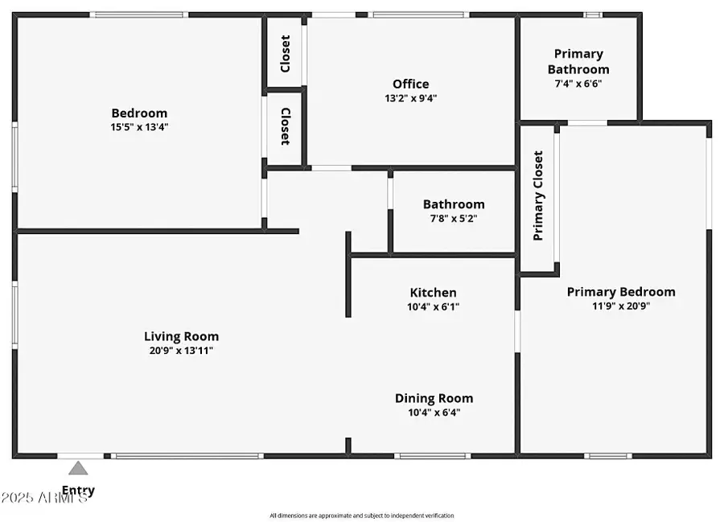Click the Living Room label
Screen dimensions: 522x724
pyautogui.click(x=181, y=336)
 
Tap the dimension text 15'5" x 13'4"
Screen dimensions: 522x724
pyautogui.click(x=139, y=127)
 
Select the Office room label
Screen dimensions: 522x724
pyautogui.click(x=410, y=84)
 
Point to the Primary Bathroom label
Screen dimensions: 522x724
pyautogui.click(x=578, y=61)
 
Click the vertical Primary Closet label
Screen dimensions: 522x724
pyautogui.click(x=538, y=195)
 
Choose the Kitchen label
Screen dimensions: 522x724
pyautogui.click(x=433, y=293)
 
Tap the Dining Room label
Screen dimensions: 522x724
pyautogui.click(x=434, y=398)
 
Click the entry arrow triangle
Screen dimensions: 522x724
pyautogui.click(x=78, y=468)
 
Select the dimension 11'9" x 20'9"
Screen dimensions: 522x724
pyautogui.click(x=621, y=306)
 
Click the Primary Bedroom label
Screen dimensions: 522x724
pyautogui.click(x=621, y=291)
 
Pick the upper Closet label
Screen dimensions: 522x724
pyautogui.click(x=285, y=53)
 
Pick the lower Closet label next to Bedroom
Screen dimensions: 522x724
pyautogui.click(x=285, y=127)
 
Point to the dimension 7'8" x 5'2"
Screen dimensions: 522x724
pyautogui.click(x=454, y=218)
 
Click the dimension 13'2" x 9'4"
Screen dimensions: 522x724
pyautogui.click(x=410, y=98)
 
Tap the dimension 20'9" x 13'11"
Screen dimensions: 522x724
pyautogui.click(x=181, y=350)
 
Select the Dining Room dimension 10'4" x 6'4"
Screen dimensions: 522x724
pyautogui.click(x=434, y=413)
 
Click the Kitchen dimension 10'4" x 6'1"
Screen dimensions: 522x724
pyautogui.click(x=433, y=306)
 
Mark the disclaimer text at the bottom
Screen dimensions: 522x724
pyautogui.click(x=361, y=516)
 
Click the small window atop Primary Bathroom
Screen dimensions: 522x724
pyautogui.click(x=593, y=14)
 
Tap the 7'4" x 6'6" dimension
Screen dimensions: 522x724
pyautogui.click(x=578, y=84)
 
